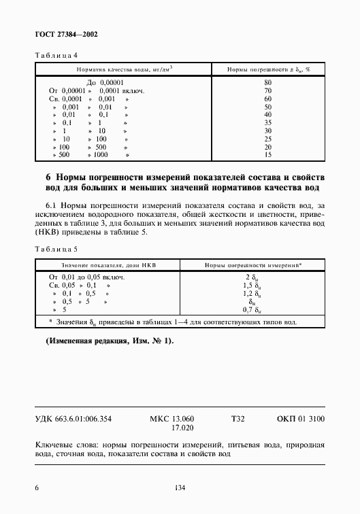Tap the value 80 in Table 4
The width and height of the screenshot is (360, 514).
(267, 82)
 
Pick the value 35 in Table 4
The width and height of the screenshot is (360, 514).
(267, 122)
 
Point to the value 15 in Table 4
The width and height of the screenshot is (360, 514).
(267, 154)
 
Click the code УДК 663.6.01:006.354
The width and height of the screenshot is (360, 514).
(78, 419)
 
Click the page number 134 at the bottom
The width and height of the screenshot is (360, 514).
(180, 487)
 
